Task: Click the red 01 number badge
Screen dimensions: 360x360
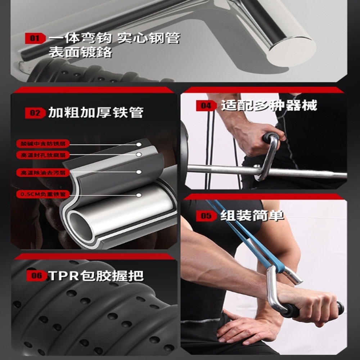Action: coord(35,38)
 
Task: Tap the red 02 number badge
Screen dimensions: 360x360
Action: coord(35,113)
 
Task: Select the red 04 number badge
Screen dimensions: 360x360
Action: coord(206,106)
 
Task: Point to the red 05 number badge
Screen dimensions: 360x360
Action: coord(206,216)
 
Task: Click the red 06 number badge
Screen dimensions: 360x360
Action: coord(37,276)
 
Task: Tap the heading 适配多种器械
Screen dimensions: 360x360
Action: coord(269,105)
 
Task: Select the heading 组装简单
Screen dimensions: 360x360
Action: coord(252,216)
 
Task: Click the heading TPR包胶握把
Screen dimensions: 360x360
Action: coord(96,276)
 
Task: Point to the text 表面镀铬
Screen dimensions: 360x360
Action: coord(81,52)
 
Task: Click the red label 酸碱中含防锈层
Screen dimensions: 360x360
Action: coord(43,144)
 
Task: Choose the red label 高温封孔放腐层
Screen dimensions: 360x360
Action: coord(43,155)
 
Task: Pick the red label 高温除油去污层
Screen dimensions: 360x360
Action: coord(43,172)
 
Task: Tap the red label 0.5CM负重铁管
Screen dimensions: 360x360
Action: coord(43,195)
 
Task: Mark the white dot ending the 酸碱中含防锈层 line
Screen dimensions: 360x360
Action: coord(139,144)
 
